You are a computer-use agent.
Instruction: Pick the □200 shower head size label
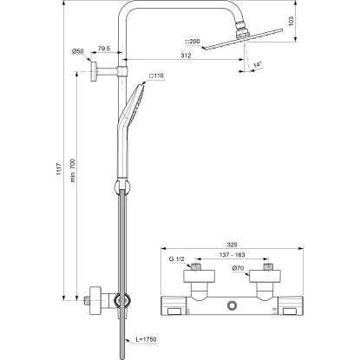pos(193,40)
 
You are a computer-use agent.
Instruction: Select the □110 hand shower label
pos(158,78)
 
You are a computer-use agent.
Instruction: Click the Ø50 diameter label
pos(77,52)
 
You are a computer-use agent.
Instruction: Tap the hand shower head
pos(135,104)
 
